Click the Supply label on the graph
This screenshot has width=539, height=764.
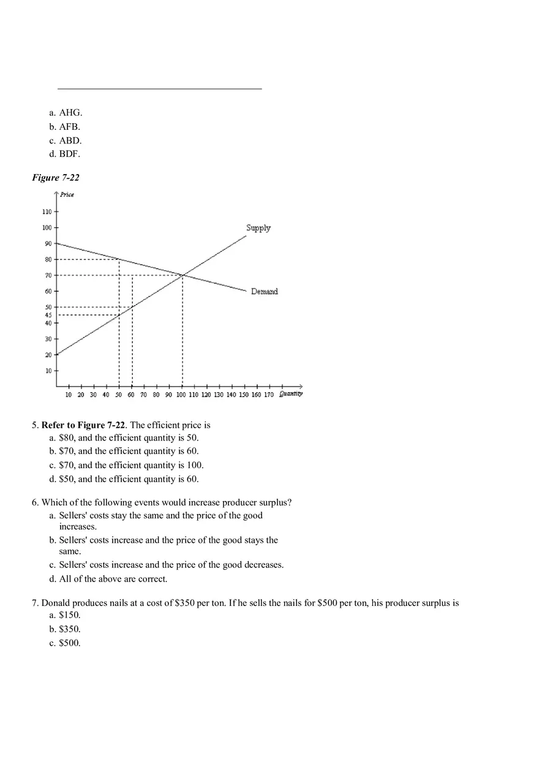click(x=258, y=228)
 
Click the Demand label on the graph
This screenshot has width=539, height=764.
click(x=264, y=292)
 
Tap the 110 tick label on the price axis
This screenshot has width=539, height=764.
click(x=47, y=211)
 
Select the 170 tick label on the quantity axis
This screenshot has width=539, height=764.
click(x=268, y=395)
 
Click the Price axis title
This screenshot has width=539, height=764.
click(x=67, y=195)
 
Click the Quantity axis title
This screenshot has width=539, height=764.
click(x=291, y=394)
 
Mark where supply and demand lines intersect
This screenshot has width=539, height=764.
click(x=183, y=275)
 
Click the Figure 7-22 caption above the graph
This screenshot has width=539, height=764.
click(x=56, y=178)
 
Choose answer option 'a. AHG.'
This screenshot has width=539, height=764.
click(x=66, y=113)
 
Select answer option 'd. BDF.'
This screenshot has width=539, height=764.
click(x=65, y=154)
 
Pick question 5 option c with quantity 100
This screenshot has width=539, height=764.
click(x=126, y=465)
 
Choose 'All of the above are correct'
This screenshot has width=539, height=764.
click(x=113, y=579)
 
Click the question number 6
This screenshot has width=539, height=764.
click(x=35, y=502)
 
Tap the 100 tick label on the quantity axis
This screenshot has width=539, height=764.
click(x=181, y=395)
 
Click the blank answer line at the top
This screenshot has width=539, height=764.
click(x=159, y=88)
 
